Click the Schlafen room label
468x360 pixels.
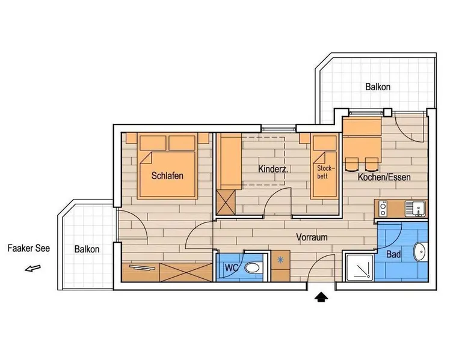point(167,175)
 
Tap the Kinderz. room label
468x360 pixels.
point(273,169)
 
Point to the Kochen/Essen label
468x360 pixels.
point(384,177)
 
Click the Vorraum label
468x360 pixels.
point(312,237)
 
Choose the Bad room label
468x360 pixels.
point(393,254)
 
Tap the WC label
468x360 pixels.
point(232,267)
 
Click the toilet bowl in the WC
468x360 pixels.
point(253,267)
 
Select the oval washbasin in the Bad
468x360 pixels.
point(420,252)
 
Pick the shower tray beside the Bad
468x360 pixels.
point(359,267)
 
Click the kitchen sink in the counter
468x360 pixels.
point(415,208)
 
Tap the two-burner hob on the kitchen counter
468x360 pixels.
point(383,209)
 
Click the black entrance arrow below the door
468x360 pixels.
point(321,297)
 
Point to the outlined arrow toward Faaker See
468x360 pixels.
point(32,269)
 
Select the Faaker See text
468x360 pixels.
point(29,248)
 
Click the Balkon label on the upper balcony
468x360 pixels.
point(378,87)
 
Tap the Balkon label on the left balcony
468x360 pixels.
point(87,249)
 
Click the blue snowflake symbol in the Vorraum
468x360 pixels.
point(280,260)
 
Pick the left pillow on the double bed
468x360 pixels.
point(153,143)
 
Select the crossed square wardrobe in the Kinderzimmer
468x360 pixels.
point(226,203)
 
